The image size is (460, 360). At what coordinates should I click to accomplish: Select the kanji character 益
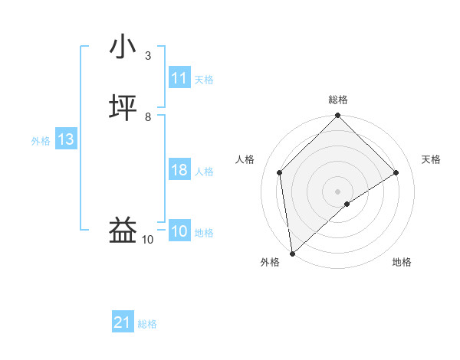click(123, 230)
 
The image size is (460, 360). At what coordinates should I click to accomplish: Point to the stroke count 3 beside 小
click(148, 56)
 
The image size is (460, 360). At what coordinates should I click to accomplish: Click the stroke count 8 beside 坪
click(148, 117)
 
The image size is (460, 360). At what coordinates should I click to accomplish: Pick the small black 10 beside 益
click(148, 240)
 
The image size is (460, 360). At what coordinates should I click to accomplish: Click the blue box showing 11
click(179, 78)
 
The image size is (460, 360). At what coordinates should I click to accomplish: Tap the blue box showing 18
click(179, 170)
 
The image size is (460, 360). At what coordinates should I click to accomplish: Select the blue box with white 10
click(179, 231)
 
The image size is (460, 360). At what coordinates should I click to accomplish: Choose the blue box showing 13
click(66, 139)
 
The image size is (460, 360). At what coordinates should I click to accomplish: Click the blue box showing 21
click(123, 323)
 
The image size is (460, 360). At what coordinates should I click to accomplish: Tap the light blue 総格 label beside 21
click(147, 324)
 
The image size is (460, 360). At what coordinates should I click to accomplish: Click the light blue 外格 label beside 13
click(41, 141)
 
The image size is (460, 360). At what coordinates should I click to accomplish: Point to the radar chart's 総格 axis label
click(338, 100)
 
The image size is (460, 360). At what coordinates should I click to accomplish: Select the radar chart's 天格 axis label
click(431, 159)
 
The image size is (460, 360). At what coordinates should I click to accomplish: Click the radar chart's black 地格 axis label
click(402, 263)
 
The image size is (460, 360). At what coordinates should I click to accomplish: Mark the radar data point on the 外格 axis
click(292, 254)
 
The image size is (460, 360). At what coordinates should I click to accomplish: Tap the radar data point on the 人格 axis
click(280, 172)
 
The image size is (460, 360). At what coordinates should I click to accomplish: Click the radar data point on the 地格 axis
click(347, 204)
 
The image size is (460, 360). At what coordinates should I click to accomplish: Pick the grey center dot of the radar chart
click(338, 191)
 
